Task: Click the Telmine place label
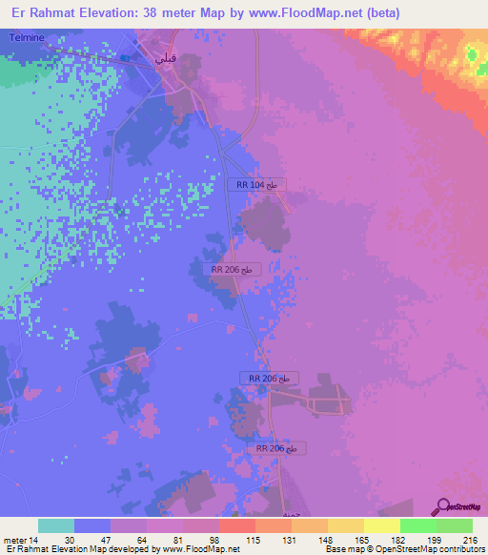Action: (x=25, y=37)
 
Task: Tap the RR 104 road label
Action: (x=257, y=185)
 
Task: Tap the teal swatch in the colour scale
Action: (x=56, y=525)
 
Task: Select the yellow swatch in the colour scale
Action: (x=382, y=525)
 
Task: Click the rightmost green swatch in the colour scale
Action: (x=455, y=525)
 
